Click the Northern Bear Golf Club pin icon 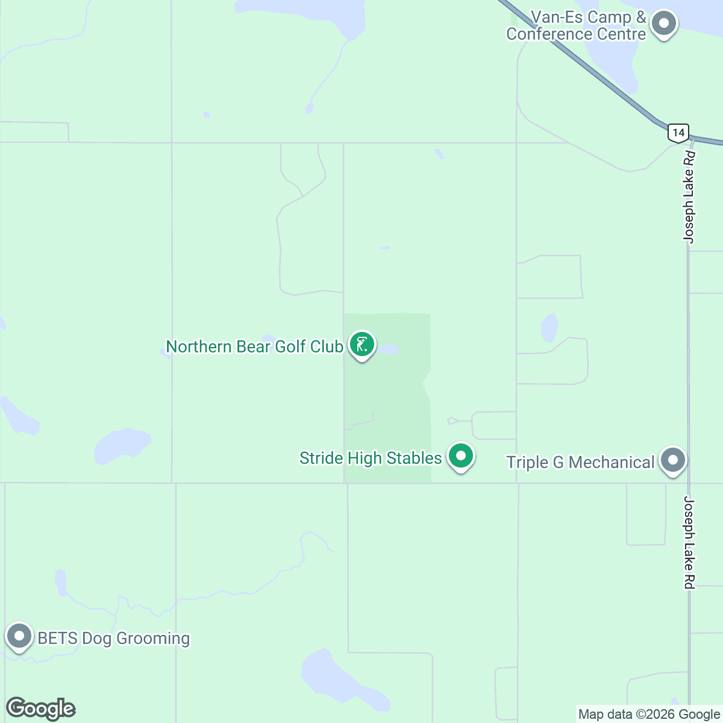point(361,345)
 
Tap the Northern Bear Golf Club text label point(254,347)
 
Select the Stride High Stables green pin point(461,456)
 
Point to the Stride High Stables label point(371,459)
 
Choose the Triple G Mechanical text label point(580,463)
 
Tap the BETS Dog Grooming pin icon point(19,636)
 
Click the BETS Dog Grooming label point(114,639)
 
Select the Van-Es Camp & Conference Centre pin point(664,24)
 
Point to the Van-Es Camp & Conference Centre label point(577,26)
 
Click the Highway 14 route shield point(678,133)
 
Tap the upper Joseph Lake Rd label point(689,197)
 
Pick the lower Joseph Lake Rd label point(689,542)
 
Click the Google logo point(41,709)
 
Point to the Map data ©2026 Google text point(649,715)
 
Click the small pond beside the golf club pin point(389,349)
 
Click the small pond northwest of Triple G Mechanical point(549,327)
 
